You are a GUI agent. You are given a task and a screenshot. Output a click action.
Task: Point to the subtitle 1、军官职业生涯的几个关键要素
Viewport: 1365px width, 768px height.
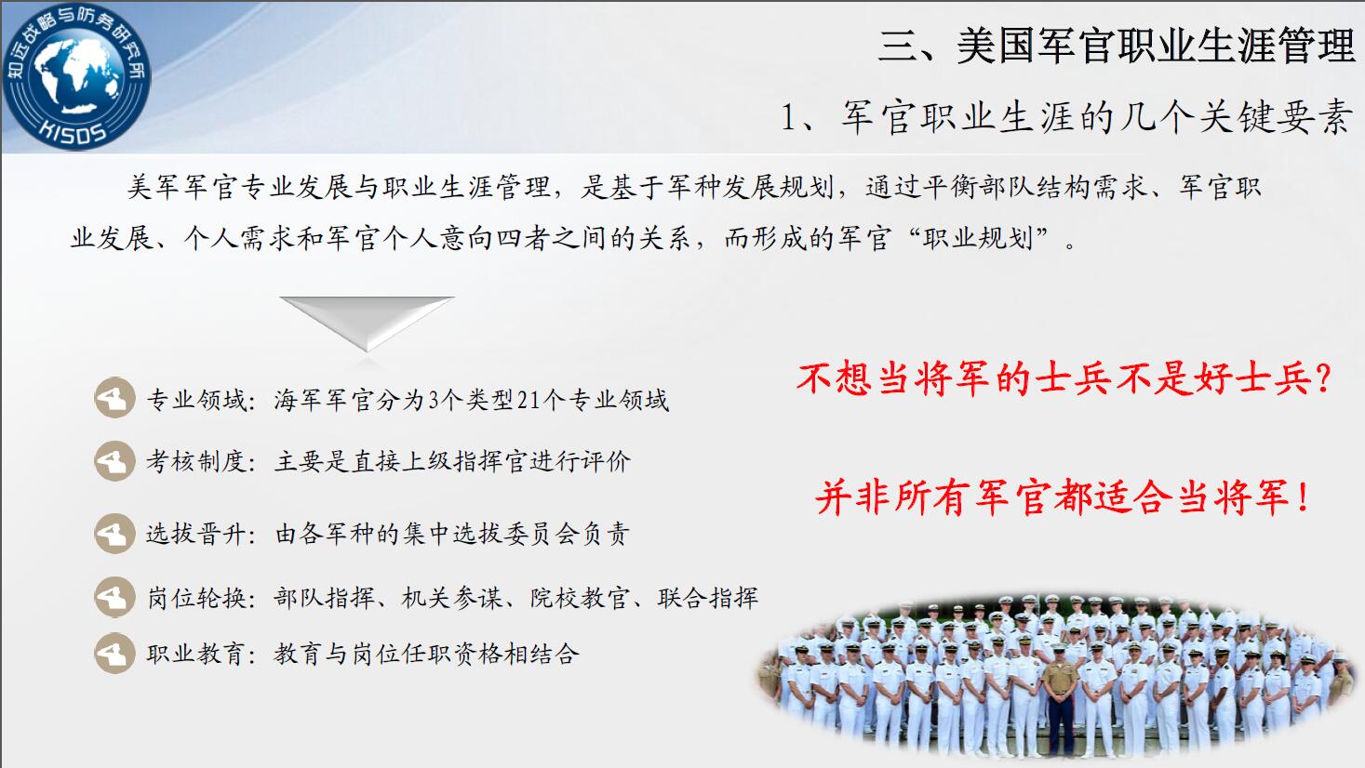1066,116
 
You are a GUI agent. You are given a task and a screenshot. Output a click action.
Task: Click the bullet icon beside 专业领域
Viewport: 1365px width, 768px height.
114,398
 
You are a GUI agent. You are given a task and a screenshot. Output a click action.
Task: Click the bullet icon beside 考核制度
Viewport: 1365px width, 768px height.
114,461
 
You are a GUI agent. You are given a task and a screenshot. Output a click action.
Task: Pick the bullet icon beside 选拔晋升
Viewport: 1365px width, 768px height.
114,534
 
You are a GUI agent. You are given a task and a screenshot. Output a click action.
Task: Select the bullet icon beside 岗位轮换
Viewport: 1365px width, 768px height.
114,597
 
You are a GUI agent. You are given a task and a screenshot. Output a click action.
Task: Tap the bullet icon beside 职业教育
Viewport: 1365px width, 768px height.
114,653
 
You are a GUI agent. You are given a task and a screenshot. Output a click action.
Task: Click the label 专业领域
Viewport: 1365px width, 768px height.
196,400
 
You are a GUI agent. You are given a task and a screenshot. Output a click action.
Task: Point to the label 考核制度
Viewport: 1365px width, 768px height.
196,461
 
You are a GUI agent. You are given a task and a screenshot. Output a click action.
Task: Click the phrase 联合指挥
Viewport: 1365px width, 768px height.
707,598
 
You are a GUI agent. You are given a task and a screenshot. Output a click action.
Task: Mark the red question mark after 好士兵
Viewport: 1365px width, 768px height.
1322,377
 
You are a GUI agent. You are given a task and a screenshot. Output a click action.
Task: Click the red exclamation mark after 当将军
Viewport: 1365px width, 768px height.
1304,497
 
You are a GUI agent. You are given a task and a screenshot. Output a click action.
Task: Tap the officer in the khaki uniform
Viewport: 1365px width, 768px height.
1061,700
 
